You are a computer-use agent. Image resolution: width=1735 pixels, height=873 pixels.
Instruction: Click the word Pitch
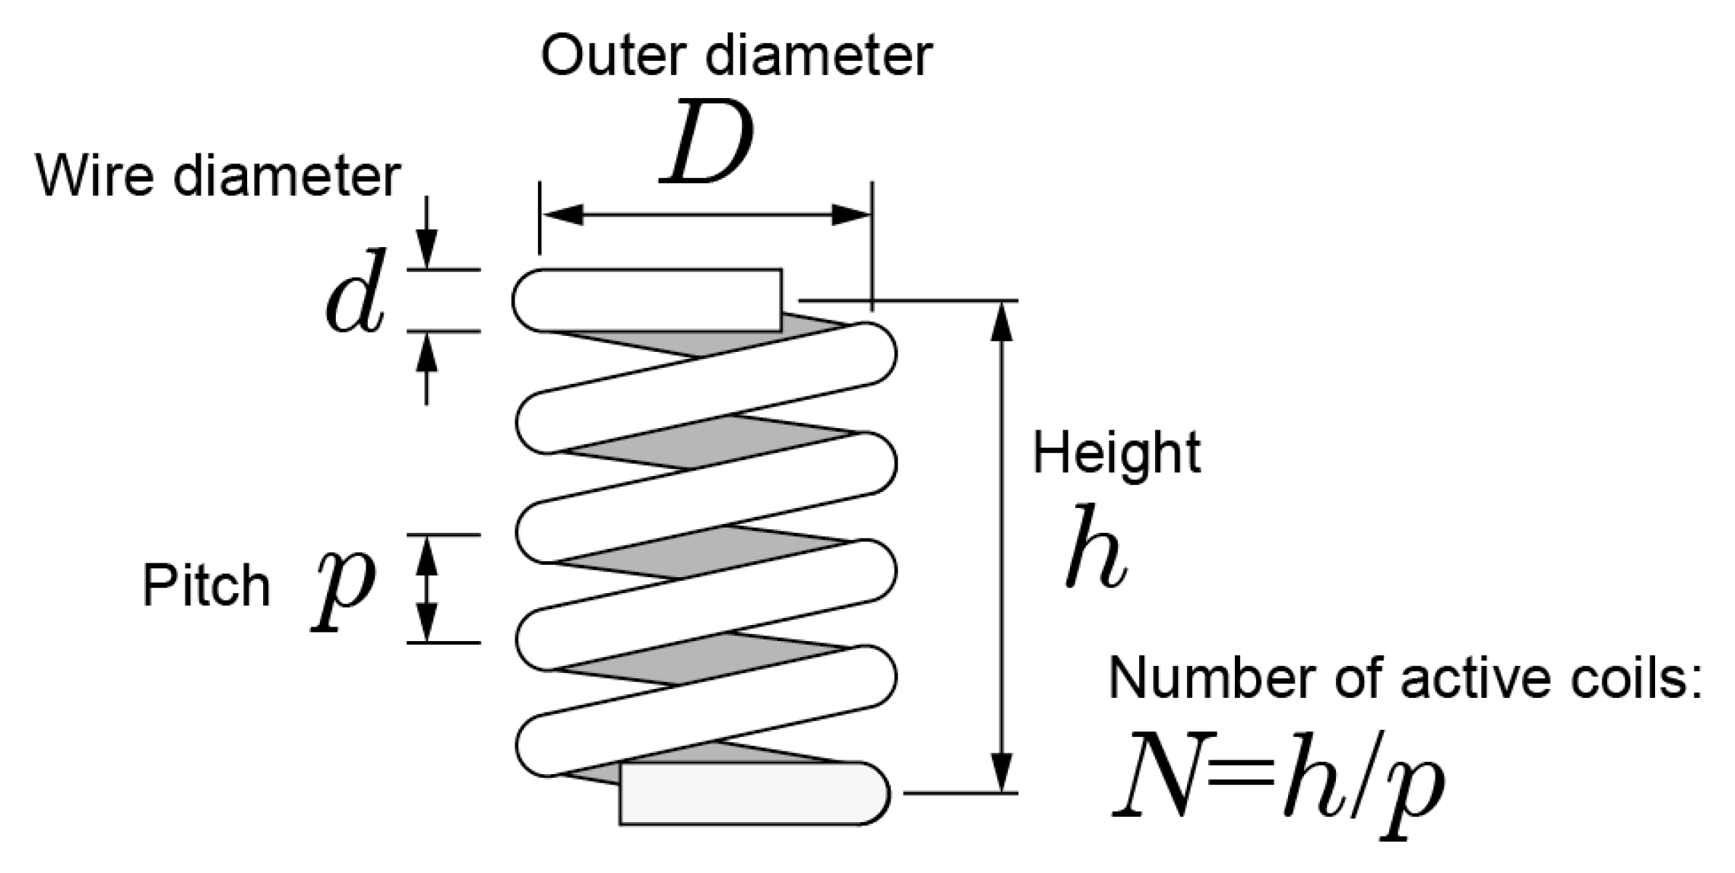point(206,586)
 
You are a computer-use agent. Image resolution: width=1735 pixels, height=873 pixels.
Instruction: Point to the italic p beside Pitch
point(342,589)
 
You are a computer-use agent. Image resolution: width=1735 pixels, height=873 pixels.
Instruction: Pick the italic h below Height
point(1096,547)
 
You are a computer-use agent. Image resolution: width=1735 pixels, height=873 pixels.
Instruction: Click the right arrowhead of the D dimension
point(851,215)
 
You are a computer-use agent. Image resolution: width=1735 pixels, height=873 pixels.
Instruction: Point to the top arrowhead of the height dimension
point(1002,321)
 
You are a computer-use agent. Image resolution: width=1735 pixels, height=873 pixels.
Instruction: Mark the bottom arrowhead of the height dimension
point(1002,773)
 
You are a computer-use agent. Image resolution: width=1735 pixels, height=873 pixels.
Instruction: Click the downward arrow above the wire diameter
point(427,248)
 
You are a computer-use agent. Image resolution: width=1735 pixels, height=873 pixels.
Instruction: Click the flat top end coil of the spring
point(654,300)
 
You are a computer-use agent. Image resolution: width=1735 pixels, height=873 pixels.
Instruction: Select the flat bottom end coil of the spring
point(749,793)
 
